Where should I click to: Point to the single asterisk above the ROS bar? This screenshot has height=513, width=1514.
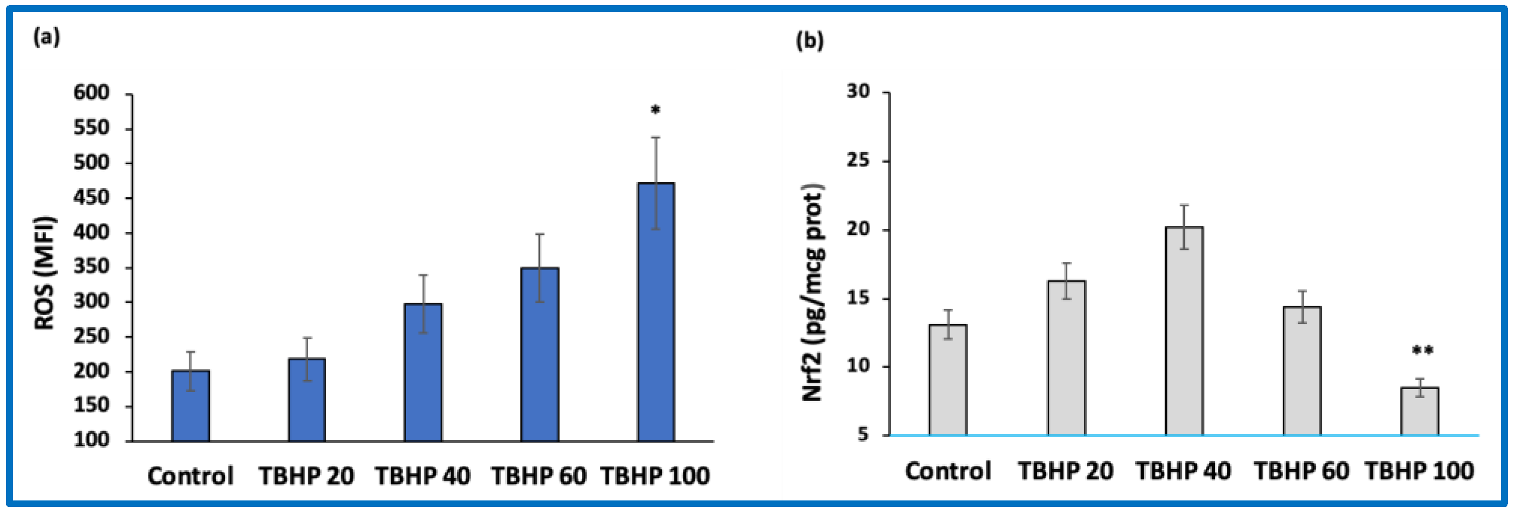point(656,110)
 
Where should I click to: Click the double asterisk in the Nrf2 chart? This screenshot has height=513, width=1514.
point(1423,351)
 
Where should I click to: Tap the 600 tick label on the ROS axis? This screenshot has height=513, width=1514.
point(91,93)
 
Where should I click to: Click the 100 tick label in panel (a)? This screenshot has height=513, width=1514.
point(91,440)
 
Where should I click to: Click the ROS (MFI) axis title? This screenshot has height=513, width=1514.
point(44,273)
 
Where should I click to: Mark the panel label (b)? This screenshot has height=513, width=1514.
point(810,41)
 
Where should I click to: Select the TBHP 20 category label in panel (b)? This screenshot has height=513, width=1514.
point(1065,471)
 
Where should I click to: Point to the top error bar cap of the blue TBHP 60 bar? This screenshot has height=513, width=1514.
point(539,234)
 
